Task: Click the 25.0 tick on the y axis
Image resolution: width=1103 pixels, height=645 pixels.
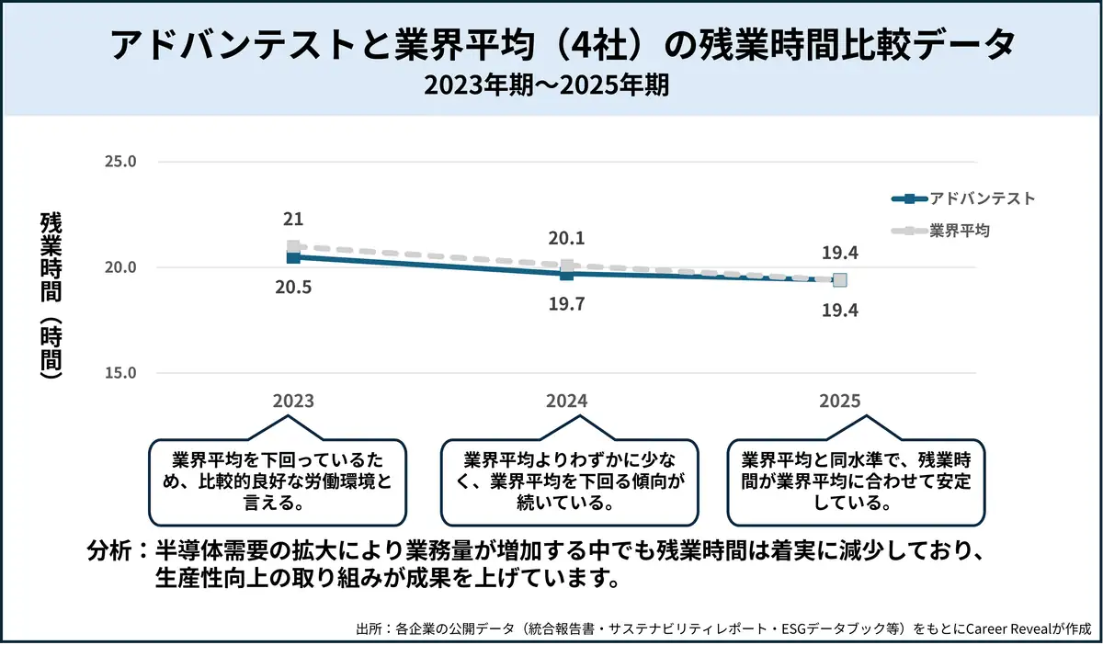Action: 121,162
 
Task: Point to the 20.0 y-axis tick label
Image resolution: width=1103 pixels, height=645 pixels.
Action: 121,267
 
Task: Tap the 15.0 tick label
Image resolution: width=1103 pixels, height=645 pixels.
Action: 121,373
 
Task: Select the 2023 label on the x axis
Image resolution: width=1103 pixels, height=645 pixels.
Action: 293,402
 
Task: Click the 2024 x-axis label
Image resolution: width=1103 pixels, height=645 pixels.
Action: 566,402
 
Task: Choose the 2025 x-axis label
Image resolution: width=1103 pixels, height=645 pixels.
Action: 839,402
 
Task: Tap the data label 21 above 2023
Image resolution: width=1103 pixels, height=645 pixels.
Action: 293,220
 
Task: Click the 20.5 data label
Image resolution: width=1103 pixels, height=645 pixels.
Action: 293,287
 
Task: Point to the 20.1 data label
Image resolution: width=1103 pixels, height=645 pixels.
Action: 566,239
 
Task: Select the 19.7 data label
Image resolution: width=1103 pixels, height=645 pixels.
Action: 566,304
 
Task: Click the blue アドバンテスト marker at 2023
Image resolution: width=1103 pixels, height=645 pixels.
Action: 293,258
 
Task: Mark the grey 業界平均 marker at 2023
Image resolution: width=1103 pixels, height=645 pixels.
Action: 293,246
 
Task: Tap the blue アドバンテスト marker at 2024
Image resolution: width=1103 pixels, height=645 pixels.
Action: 566,274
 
